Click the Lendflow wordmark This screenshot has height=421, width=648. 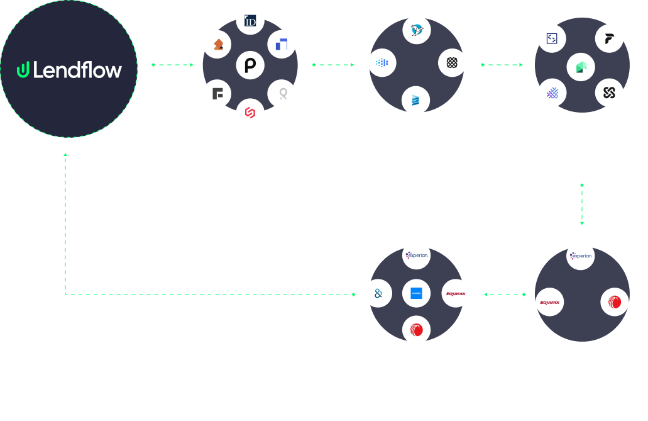[77, 70]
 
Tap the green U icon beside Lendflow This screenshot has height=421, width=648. [23, 70]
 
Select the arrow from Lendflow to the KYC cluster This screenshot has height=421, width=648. [173, 64]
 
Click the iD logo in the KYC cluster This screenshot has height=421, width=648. [250, 21]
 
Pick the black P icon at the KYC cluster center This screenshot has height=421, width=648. [250, 65]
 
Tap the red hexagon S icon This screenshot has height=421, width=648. [250, 113]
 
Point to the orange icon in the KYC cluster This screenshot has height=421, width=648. [217, 44]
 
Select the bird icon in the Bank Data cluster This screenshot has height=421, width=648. [416, 30]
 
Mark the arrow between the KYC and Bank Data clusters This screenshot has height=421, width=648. [333, 64]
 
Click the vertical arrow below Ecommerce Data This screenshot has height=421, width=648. [582, 205]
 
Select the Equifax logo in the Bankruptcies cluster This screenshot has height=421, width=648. [549, 302]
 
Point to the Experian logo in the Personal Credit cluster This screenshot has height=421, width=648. [416, 255]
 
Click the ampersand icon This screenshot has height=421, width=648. [378, 293]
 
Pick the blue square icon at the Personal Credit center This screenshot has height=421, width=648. [416, 293]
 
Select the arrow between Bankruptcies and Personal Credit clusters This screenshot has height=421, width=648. [505, 294]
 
